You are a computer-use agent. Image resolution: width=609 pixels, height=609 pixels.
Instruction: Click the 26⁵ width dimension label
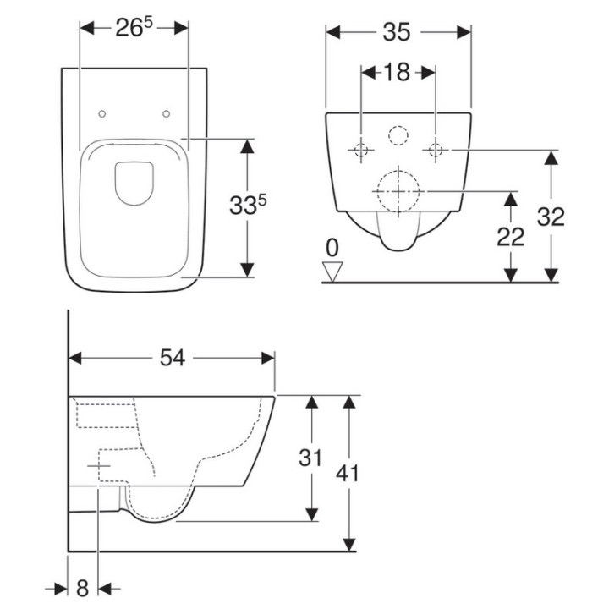(134, 28)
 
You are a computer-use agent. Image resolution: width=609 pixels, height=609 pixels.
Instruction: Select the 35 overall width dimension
(397, 32)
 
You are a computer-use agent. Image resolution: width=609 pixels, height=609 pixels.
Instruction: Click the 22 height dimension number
(510, 237)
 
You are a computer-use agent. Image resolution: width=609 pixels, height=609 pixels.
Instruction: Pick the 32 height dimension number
(551, 217)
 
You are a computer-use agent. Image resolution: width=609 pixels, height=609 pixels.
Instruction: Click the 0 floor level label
(332, 248)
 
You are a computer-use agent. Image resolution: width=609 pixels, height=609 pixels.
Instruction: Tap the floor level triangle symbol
(333, 270)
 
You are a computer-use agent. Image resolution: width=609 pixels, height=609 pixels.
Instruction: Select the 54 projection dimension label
(173, 359)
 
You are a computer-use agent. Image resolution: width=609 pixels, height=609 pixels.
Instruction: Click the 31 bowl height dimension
(311, 458)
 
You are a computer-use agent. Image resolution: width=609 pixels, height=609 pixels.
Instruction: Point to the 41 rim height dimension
(347, 473)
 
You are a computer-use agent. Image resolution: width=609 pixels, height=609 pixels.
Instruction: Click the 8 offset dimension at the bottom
(82, 587)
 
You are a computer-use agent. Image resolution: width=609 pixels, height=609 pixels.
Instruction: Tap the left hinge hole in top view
(102, 113)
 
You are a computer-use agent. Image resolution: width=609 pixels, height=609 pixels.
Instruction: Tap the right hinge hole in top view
(166, 113)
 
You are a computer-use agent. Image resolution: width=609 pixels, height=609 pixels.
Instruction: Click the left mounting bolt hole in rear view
(361, 151)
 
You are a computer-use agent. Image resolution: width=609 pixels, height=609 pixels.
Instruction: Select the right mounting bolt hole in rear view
(436, 151)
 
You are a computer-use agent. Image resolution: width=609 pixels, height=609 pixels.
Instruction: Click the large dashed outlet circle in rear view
(398, 191)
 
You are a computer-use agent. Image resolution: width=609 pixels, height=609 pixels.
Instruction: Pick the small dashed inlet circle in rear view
(398, 135)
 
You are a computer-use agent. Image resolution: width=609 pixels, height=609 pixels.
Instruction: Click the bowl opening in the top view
(134, 182)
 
